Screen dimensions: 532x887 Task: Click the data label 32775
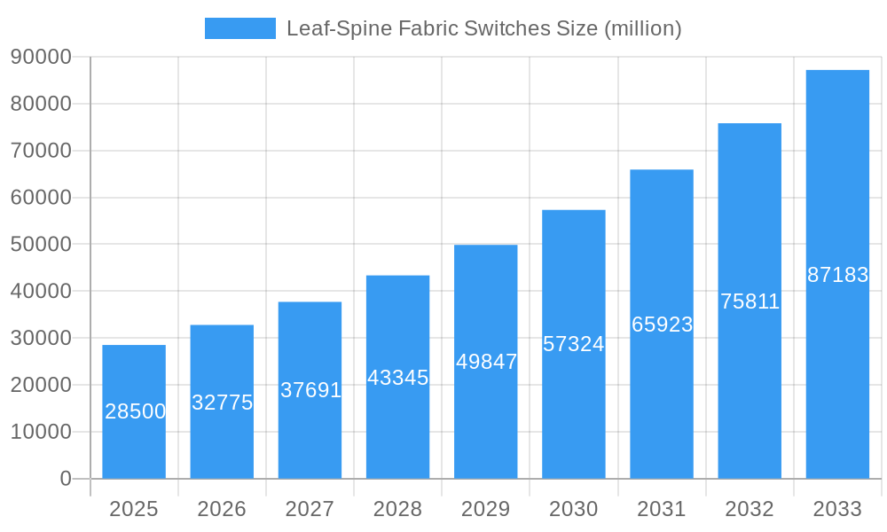pyautogui.click(x=223, y=403)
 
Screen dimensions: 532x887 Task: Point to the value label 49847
pyautogui.click(x=486, y=362)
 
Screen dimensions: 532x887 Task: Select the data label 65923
pyautogui.click(x=662, y=325)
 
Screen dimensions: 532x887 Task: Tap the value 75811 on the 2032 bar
pyautogui.click(x=750, y=301)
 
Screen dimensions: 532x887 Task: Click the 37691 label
pyautogui.click(x=310, y=390)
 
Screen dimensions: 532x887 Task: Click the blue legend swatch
pyautogui.click(x=239, y=28)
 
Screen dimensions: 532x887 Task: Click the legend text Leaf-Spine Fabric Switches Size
pyautogui.click(x=483, y=28)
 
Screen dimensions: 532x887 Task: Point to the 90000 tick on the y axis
pyautogui.click(x=41, y=57)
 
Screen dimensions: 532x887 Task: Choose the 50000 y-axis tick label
pyautogui.click(x=41, y=244)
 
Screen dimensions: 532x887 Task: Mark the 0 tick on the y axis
pyautogui.click(x=66, y=479)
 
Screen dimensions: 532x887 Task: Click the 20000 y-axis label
pyautogui.click(x=41, y=385)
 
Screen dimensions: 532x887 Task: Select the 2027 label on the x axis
pyautogui.click(x=310, y=509)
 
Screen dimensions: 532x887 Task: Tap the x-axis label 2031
pyautogui.click(x=662, y=509)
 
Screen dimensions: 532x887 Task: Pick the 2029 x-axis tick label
pyautogui.click(x=486, y=509)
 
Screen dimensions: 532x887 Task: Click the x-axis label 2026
pyautogui.click(x=222, y=509)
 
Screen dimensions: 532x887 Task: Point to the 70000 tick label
pyautogui.click(x=41, y=151)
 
